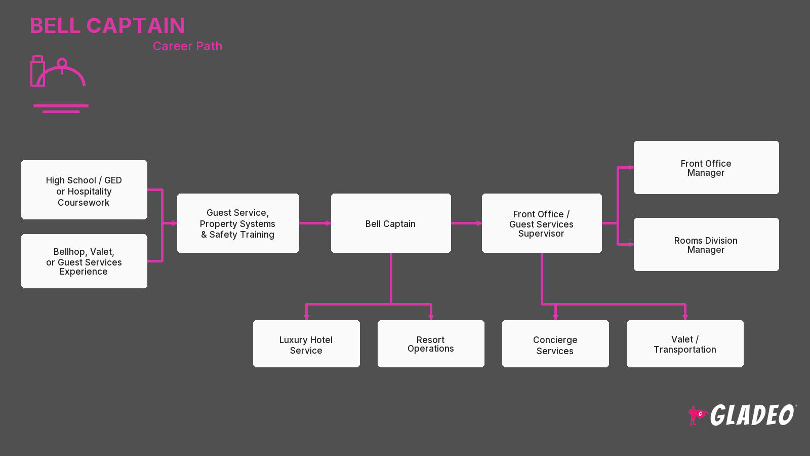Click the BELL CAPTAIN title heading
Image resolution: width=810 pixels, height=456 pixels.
(x=107, y=26)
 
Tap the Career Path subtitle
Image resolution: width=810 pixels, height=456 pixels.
(x=187, y=46)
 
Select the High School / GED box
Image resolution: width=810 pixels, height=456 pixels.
(x=84, y=189)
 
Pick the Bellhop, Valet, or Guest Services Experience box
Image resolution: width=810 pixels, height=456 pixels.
(x=84, y=261)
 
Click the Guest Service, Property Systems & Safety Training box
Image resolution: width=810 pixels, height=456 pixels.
(x=238, y=223)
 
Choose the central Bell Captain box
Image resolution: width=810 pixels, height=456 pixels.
(x=391, y=223)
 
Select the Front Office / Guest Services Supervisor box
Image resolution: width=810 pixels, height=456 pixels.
(x=542, y=223)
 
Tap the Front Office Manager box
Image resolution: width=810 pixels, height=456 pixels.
(x=706, y=168)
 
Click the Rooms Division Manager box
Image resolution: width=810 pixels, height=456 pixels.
(x=706, y=244)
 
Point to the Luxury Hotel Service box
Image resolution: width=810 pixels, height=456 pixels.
(x=306, y=344)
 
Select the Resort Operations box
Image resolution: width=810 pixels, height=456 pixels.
(x=431, y=344)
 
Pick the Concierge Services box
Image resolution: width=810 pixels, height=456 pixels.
(x=555, y=344)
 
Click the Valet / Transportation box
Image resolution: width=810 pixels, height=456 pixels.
(x=685, y=344)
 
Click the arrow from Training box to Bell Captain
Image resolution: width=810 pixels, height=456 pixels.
(x=315, y=223)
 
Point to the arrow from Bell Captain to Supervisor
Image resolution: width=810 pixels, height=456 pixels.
(x=466, y=223)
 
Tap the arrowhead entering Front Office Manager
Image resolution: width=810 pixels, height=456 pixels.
(x=631, y=168)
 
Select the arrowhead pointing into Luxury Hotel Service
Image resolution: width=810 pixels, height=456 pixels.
(x=306, y=317)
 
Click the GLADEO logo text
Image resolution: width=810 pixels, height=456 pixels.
(x=752, y=415)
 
